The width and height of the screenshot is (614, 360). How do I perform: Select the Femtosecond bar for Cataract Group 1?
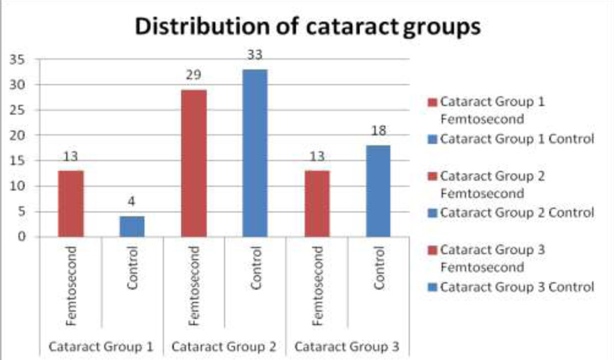click(71, 203)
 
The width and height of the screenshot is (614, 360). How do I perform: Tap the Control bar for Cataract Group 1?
click(132, 226)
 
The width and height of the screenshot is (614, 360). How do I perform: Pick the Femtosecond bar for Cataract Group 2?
click(194, 163)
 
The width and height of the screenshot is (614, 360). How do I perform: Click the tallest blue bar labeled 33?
click(255, 153)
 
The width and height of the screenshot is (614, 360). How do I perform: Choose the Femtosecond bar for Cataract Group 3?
click(317, 203)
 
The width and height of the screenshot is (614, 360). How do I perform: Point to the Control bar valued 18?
click(378, 190)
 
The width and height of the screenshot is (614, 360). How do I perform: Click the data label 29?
click(193, 76)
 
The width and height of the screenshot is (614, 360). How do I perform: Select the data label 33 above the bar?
click(255, 55)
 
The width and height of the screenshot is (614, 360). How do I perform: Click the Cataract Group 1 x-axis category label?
click(101, 346)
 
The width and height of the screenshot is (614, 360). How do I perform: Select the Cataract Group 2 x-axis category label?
click(225, 346)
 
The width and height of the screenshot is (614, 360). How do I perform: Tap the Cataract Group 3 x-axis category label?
click(348, 346)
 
